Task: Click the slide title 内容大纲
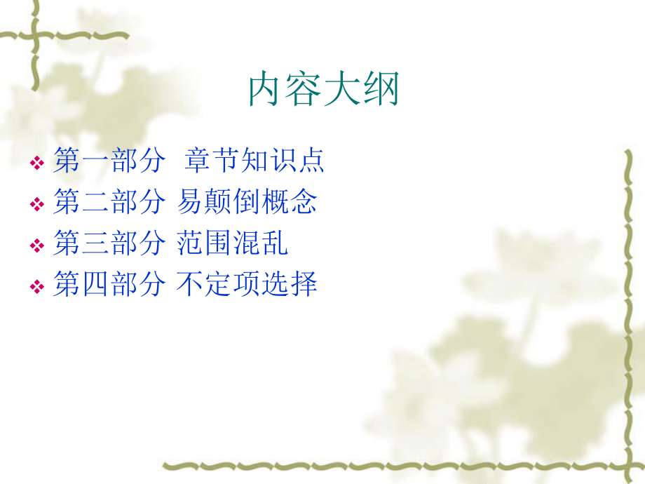(x=324, y=90)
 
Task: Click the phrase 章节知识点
(x=254, y=161)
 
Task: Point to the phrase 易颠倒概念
(x=247, y=202)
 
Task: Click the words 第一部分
(x=109, y=161)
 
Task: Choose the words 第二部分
(x=109, y=202)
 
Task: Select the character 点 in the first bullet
(x=311, y=161)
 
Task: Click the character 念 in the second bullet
(x=304, y=202)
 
